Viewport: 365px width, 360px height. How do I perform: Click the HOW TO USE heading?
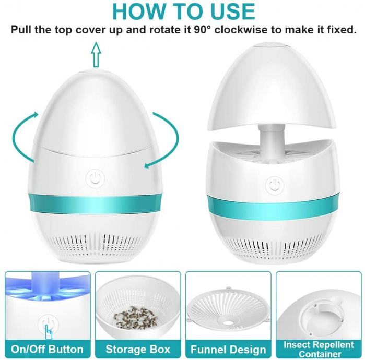point(184,11)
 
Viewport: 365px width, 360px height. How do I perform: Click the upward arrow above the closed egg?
point(96,55)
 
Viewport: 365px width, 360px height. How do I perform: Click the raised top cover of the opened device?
point(272,88)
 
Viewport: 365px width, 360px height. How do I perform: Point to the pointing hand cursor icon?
point(49,332)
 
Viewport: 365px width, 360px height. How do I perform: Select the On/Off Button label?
point(47,349)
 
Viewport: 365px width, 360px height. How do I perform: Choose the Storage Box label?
point(138,349)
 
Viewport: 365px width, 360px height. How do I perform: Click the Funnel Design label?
point(228,349)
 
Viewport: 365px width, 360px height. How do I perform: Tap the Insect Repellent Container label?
point(319,349)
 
